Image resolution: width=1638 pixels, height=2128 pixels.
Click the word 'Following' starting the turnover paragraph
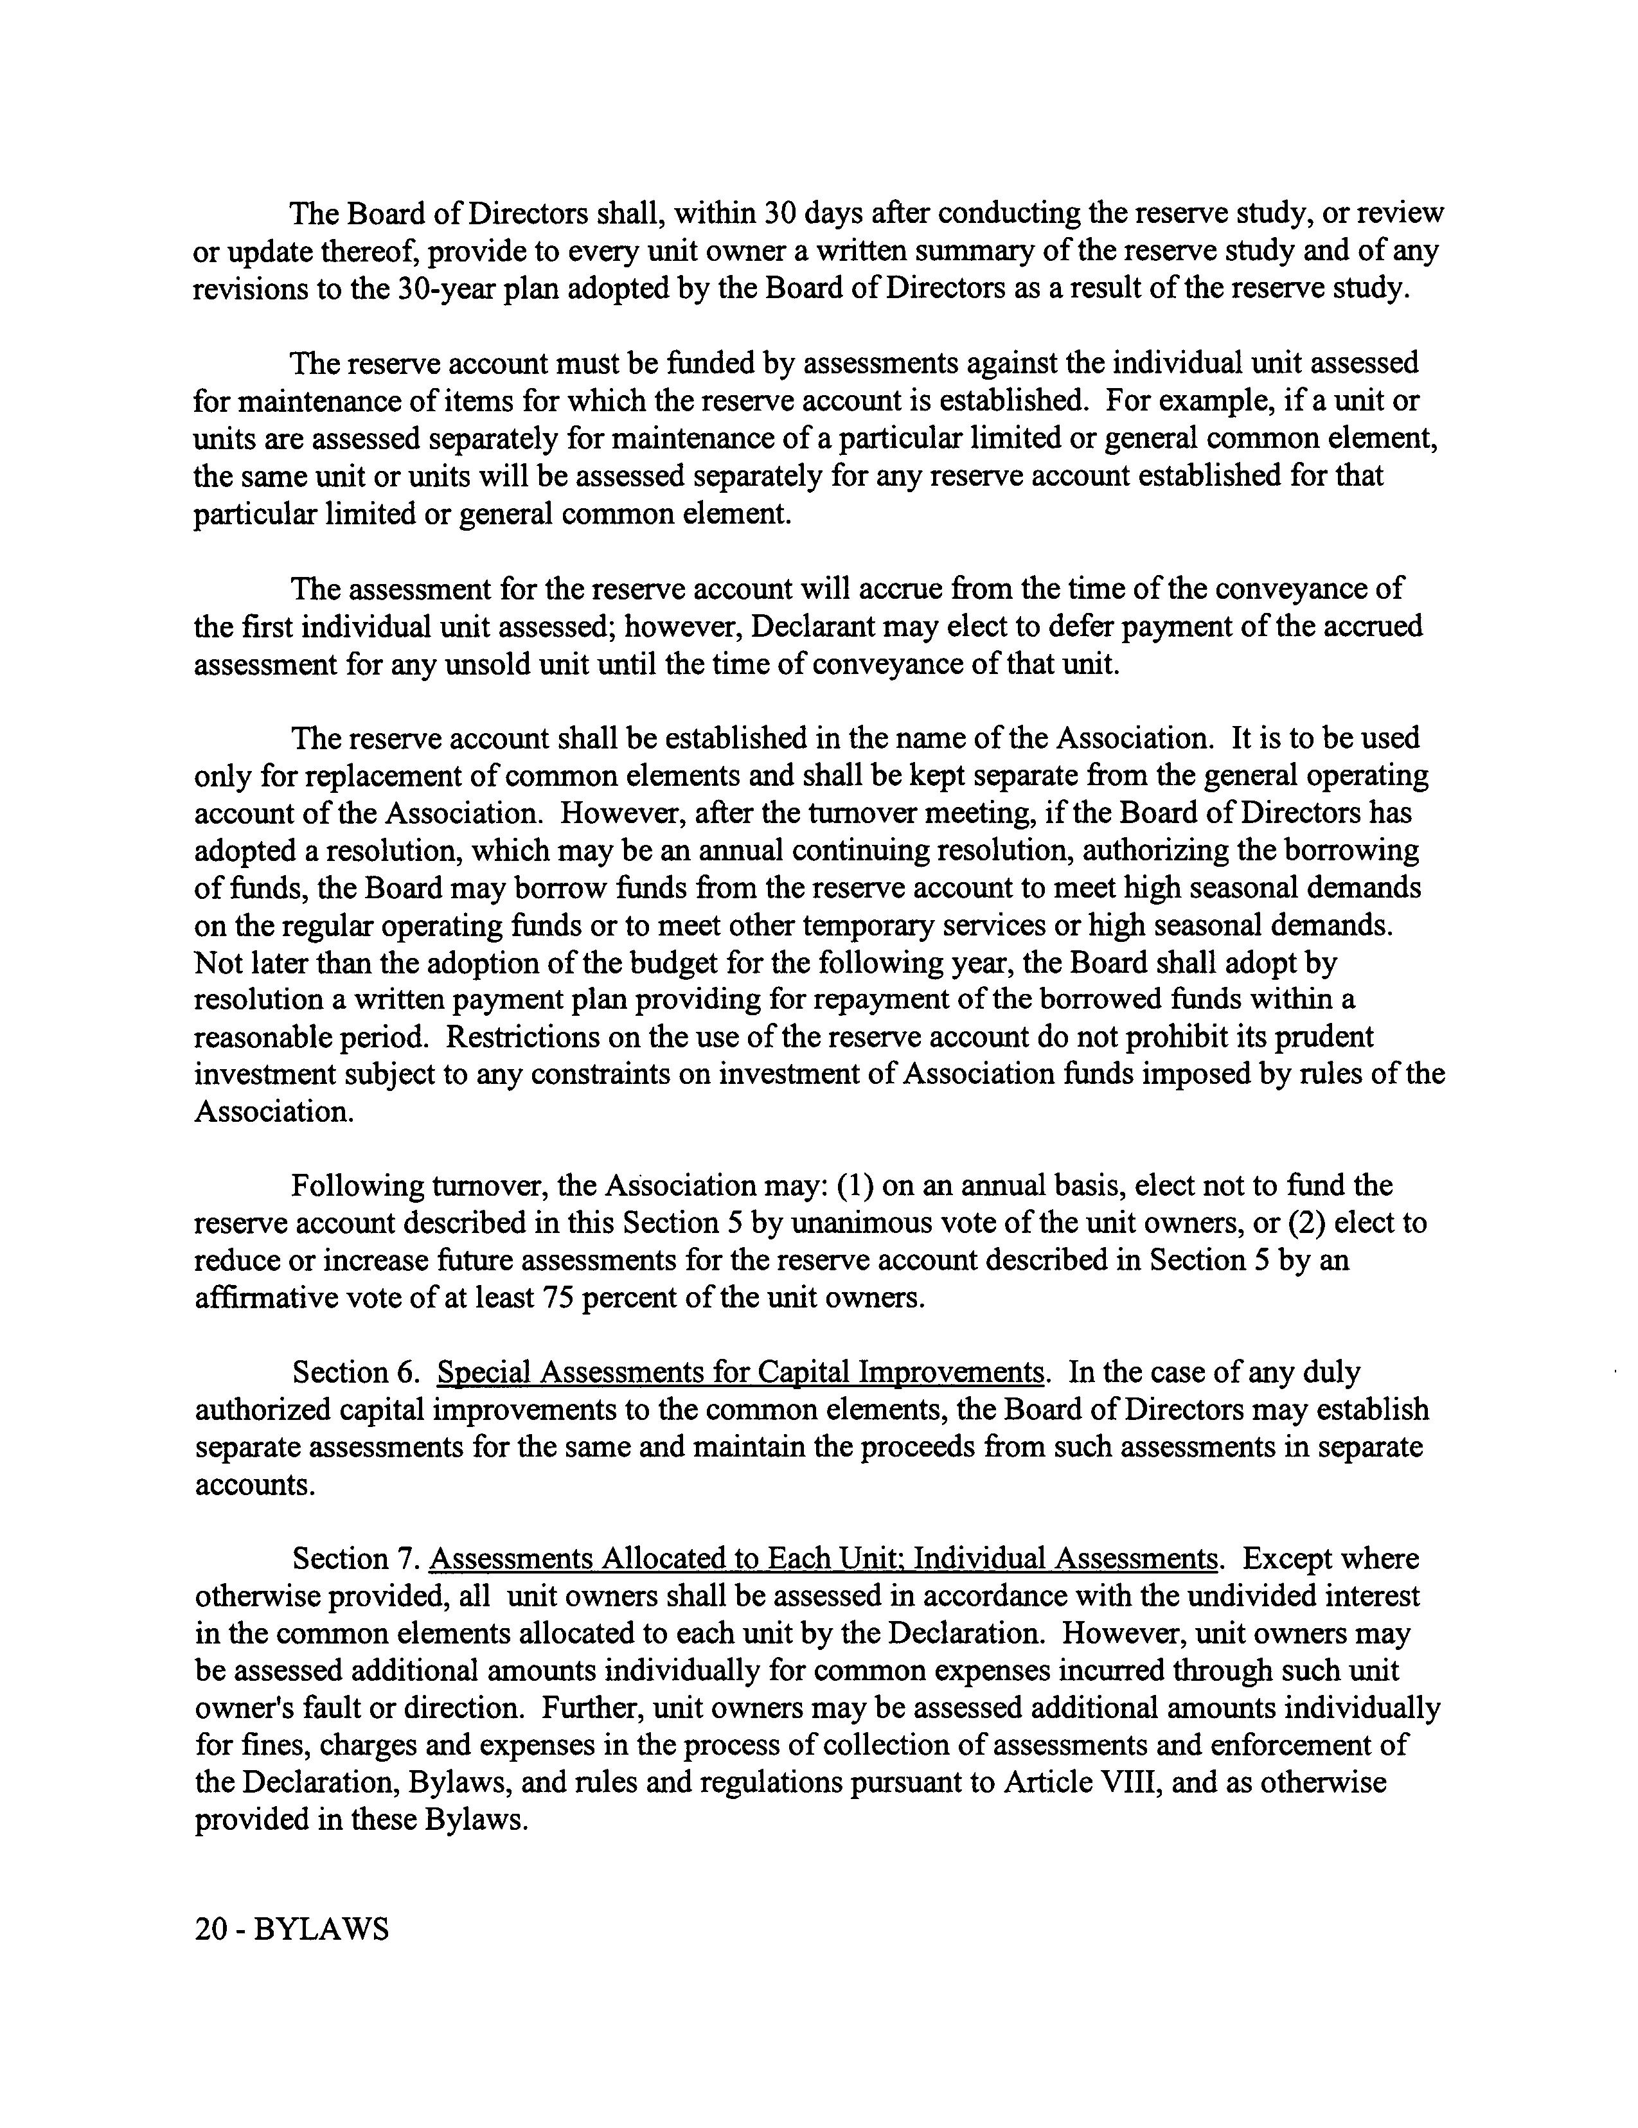click(x=358, y=1186)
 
